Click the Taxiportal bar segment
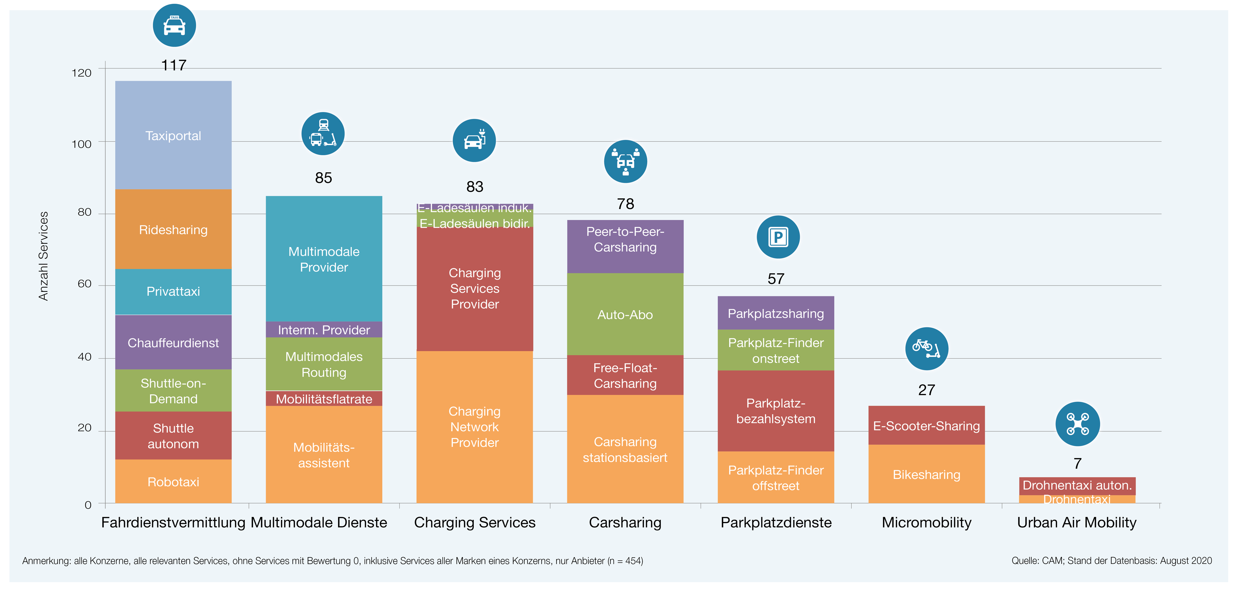point(173,135)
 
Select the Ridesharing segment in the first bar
point(173,229)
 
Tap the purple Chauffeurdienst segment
point(173,342)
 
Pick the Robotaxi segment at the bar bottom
point(173,481)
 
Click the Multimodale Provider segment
point(324,259)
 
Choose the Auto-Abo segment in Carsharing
point(625,314)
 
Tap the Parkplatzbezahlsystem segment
point(776,411)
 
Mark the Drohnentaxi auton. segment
point(1077,486)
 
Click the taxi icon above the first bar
point(174,25)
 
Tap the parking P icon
point(778,237)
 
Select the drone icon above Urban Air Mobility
point(1077,424)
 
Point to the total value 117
point(173,65)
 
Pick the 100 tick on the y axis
point(81,144)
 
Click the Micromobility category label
point(926,522)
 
